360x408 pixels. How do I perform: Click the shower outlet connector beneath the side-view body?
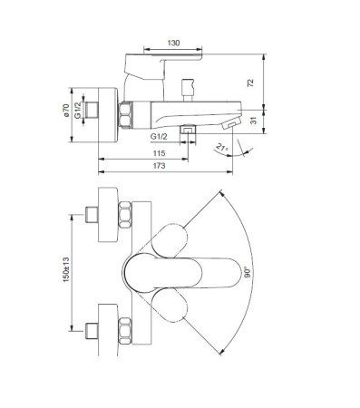click(187, 131)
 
